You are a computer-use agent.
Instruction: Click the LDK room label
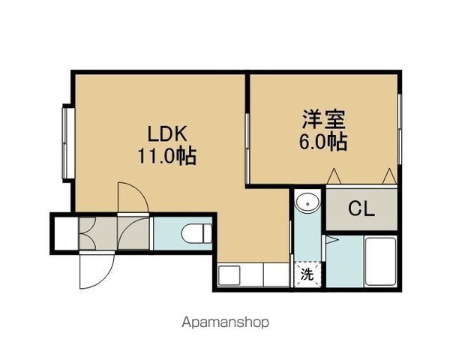click(167, 133)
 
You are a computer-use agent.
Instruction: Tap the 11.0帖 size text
click(167, 156)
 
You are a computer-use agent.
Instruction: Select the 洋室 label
click(323, 119)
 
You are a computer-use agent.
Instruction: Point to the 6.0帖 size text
click(323, 141)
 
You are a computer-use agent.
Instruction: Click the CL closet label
click(361, 208)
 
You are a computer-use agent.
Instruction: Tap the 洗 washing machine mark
click(307, 274)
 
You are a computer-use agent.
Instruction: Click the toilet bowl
click(196, 233)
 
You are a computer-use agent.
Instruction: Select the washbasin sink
click(307, 203)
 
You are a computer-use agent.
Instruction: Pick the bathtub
click(380, 261)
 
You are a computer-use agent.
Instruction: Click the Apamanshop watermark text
click(225, 322)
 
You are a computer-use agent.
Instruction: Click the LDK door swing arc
click(138, 192)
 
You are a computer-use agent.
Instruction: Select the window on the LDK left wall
click(68, 143)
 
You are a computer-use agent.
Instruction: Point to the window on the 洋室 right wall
click(400, 129)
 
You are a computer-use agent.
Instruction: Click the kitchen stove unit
click(229, 275)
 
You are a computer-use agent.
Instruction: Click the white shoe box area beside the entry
click(66, 233)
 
